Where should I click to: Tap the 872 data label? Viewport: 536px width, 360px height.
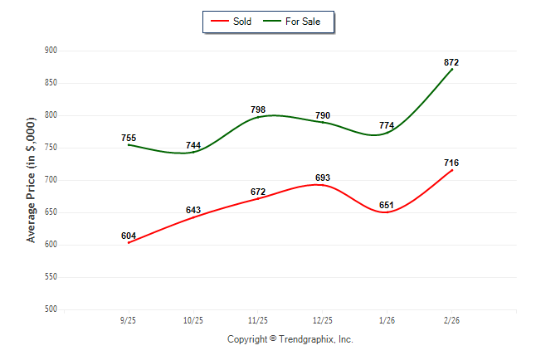coord(451,62)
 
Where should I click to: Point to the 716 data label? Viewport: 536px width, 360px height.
coord(451,163)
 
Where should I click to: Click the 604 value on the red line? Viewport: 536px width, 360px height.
coord(129,236)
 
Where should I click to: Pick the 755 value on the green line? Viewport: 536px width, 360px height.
coord(129,138)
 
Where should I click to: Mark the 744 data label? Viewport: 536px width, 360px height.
coord(193,145)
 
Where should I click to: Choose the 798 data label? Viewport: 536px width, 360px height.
coord(258,109)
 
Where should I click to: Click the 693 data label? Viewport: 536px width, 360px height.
coord(323,178)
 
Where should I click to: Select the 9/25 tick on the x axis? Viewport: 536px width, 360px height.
coord(129,320)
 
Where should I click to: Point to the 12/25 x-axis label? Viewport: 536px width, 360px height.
coord(323,320)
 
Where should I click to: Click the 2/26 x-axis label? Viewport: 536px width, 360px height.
coord(452,320)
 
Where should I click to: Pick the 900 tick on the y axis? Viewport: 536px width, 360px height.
coord(50,51)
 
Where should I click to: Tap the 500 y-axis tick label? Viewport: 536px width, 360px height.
coord(50,309)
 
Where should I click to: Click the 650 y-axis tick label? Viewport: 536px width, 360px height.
coord(50,212)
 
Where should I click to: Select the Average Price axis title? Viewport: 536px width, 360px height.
coord(31,180)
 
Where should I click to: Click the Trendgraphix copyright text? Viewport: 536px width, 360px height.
coord(290,339)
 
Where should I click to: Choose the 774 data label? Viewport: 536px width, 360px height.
coord(387,125)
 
